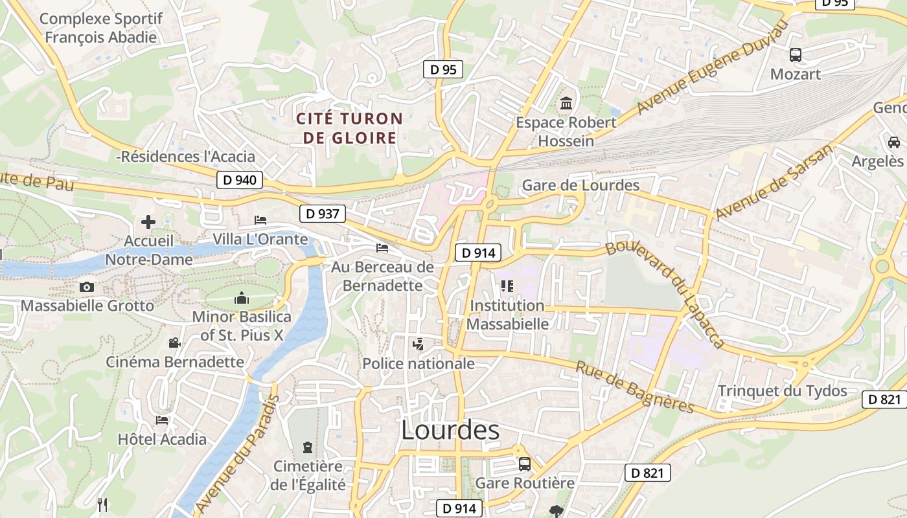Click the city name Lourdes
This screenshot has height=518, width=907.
point(450,431)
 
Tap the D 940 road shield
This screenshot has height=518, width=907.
point(239,180)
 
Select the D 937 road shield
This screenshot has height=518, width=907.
point(323,213)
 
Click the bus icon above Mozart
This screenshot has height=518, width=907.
point(796,55)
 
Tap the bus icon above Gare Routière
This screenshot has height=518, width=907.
point(525,464)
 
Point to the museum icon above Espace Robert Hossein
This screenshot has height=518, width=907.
point(567,103)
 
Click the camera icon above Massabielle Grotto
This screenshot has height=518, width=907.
point(87,287)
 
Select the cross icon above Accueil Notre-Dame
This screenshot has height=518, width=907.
point(148,222)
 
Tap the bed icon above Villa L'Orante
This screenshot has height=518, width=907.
point(260,220)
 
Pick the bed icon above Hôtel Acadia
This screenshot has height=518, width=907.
point(162,420)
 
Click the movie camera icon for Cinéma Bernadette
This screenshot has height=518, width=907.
point(174,343)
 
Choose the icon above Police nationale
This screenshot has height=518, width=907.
point(419,344)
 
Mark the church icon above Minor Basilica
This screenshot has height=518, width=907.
point(242,298)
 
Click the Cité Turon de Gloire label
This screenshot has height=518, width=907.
point(350,128)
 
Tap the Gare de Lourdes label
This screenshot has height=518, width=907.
point(580,185)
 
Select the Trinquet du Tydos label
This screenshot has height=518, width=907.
point(782,390)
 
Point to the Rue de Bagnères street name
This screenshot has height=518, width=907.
point(635,387)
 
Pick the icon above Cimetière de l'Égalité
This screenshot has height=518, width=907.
point(307,447)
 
